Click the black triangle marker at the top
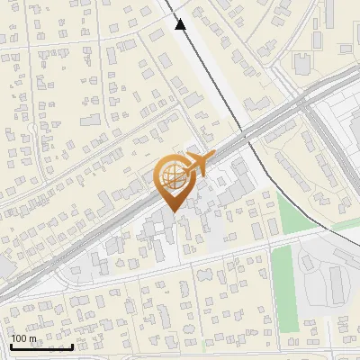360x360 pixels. coord(181,24)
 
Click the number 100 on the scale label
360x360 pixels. coord(22,338)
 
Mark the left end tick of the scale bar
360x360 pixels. coord(11,346)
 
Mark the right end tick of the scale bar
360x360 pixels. coord(73,346)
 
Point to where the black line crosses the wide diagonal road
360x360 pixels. coord(245,130)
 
